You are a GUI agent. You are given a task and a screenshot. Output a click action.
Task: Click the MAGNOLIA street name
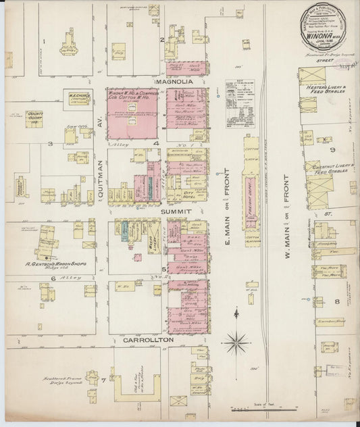pos(175,81)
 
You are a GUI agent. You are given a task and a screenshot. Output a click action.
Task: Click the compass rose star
pos(237,338)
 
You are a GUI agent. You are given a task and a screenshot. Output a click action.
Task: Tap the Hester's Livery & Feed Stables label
pos(324,91)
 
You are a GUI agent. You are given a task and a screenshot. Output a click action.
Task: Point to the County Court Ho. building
pos(34,119)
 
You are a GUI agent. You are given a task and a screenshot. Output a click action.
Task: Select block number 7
pos(103,379)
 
